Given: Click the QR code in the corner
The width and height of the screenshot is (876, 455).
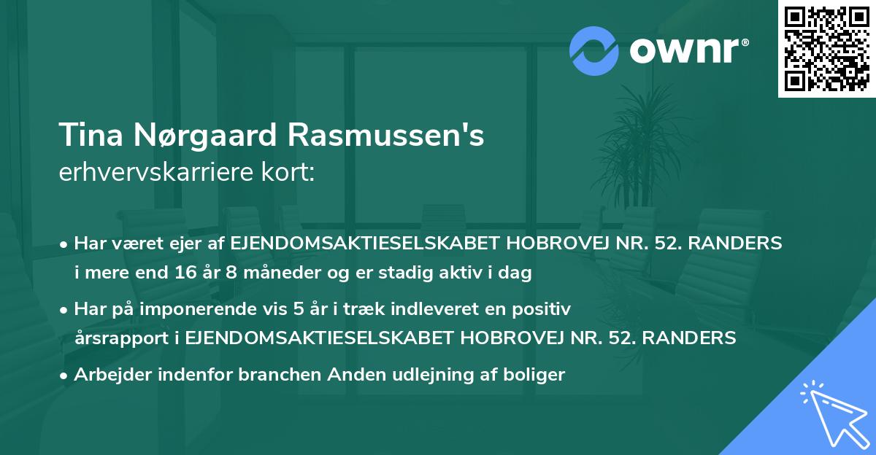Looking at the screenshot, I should point(826,49).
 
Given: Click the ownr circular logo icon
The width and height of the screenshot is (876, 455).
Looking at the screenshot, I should point(593,50).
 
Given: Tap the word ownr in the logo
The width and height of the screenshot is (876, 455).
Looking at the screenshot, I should point(686,50).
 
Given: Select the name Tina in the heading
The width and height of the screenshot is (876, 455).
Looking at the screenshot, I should point(89,136).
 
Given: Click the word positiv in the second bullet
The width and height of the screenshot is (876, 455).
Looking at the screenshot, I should point(543,309).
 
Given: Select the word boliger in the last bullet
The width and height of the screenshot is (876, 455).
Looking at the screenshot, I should point(537,375).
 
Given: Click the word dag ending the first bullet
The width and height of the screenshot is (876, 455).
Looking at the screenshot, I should point(517,274).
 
